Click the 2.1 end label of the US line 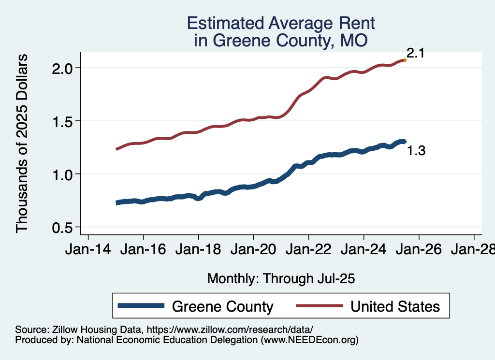(415, 53)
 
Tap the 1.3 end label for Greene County (416, 151)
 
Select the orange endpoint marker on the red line (405, 60)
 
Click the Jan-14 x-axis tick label (88, 250)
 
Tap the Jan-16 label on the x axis (143, 250)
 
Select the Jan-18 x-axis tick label (198, 250)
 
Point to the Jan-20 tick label (253, 250)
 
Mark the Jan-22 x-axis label (308, 250)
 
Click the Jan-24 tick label (364, 250)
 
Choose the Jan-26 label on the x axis (419, 250)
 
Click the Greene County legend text (222, 306)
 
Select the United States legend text (395, 306)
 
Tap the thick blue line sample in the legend (141, 306)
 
